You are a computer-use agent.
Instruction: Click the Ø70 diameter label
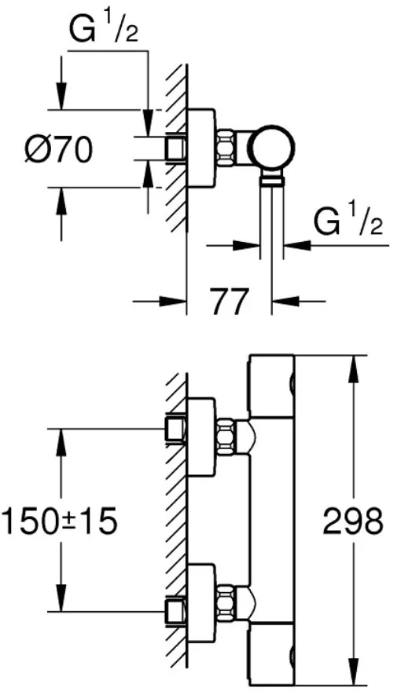click(x=58, y=149)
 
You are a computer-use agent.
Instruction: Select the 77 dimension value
click(x=229, y=302)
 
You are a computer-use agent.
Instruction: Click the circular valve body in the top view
click(x=270, y=148)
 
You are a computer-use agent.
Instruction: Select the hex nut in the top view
click(x=226, y=148)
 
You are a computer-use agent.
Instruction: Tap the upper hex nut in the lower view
click(x=226, y=436)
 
